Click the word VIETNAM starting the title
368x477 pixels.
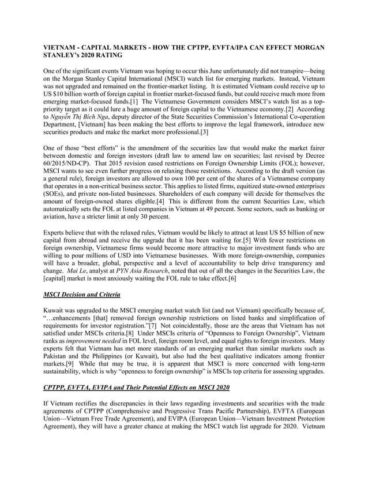point(62,47)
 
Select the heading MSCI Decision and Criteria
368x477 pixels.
point(82,295)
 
